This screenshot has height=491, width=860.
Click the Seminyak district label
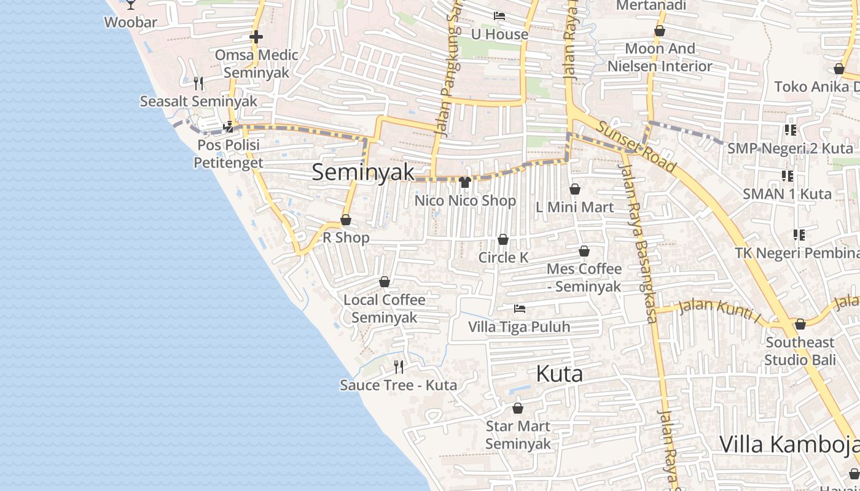pos(363,172)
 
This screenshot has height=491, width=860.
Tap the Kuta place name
pos(559,374)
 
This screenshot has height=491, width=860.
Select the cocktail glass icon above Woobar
pos(131,4)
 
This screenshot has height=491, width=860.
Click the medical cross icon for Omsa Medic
pos(256,37)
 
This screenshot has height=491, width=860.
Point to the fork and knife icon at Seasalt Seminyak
pos(198,83)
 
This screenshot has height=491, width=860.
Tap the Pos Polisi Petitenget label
pos(228,153)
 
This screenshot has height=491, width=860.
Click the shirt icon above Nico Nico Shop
pos(465,182)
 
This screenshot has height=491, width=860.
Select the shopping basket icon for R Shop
pos(346,220)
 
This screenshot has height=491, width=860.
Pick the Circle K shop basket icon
pos(503,239)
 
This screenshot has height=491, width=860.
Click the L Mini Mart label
pos(574,207)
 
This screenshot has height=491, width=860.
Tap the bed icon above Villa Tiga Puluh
pos(520,308)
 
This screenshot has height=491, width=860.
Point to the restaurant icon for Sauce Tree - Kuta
pos(399,367)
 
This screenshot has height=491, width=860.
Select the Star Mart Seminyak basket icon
pos(518,408)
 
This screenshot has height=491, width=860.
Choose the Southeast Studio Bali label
pos(800,350)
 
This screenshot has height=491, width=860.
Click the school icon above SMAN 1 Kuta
pos(788,176)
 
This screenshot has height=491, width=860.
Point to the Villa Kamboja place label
pos(789,444)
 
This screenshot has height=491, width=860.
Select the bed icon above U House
pos(499,16)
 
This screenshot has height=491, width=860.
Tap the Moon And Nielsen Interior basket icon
pos(660,31)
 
